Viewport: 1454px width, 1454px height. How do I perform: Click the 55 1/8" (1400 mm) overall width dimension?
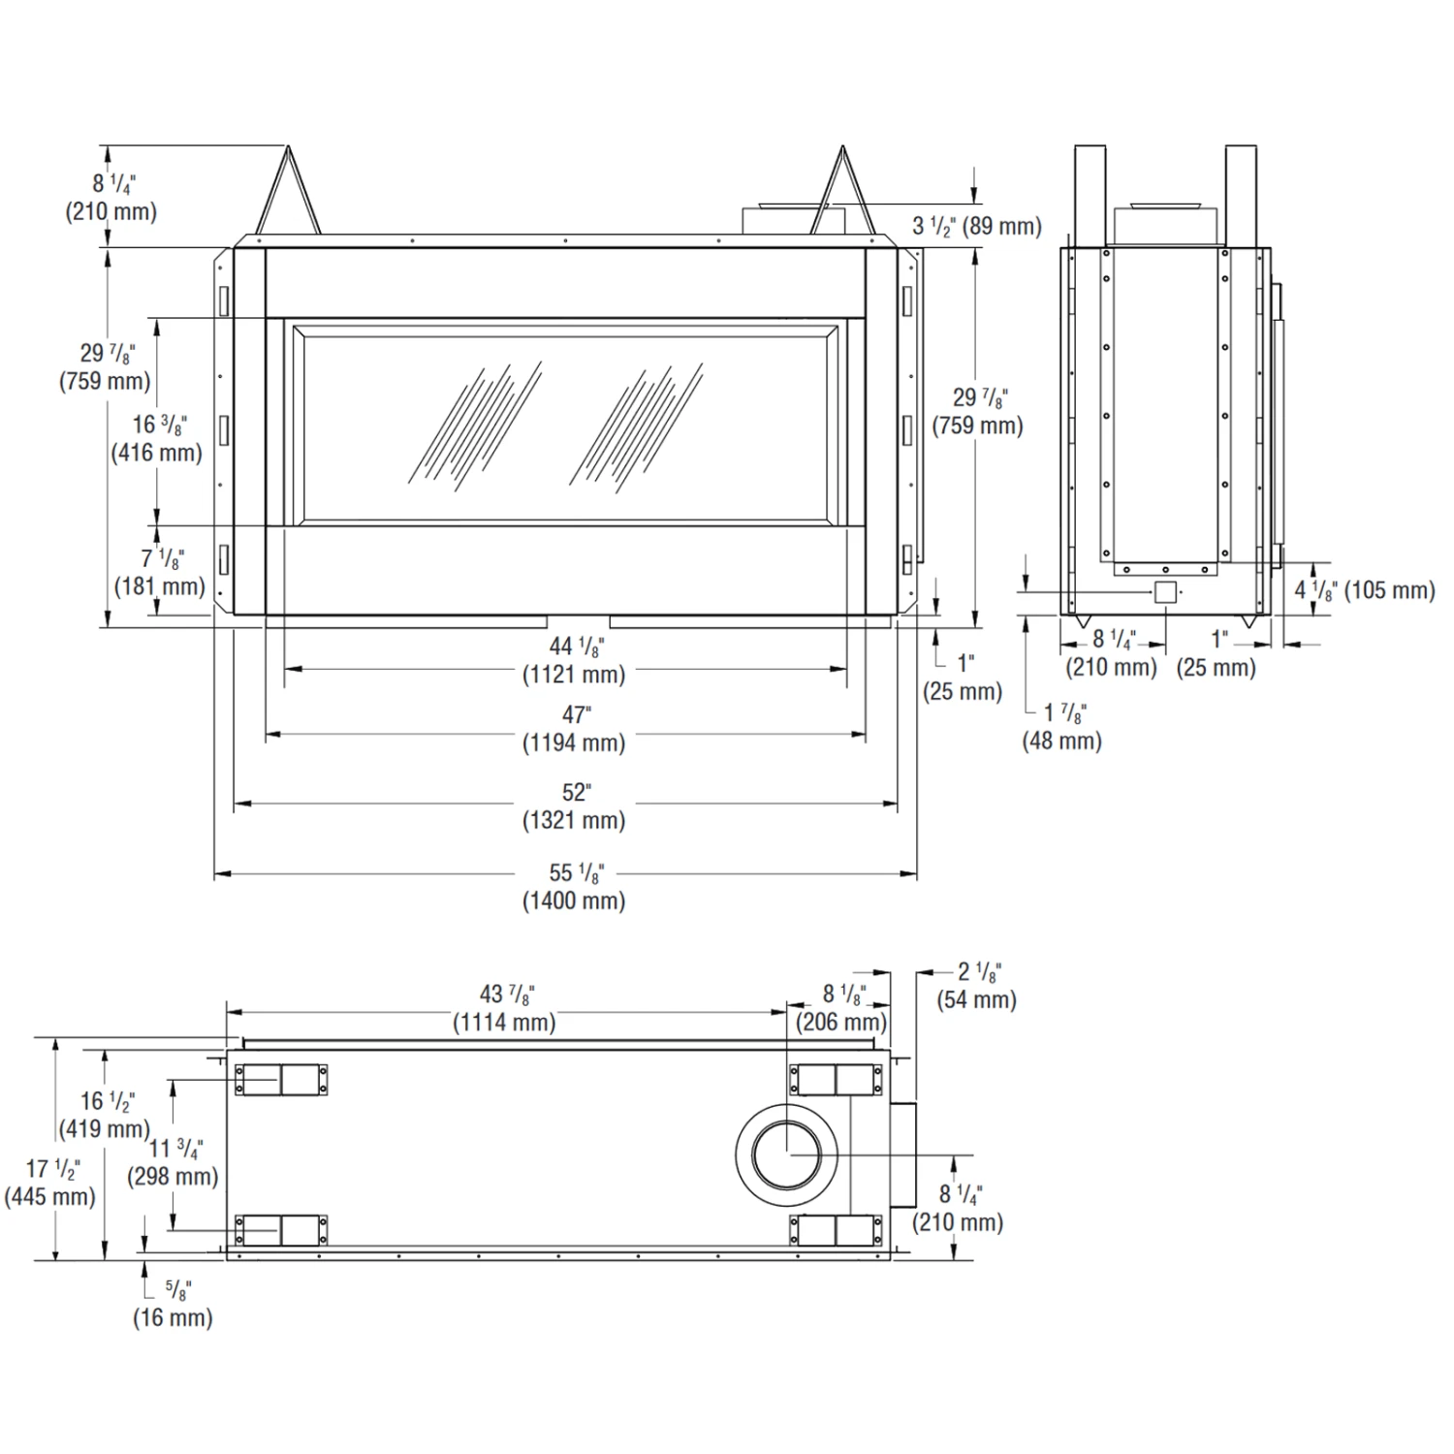tap(574, 887)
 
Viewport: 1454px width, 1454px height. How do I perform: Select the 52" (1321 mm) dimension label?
tap(574, 806)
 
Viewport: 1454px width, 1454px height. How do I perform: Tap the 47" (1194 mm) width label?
tap(574, 729)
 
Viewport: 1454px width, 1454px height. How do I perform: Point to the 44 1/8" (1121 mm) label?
tap(574, 660)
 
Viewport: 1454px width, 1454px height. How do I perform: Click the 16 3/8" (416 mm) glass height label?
tap(157, 438)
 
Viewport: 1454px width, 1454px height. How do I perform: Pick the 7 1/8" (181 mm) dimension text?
tap(160, 572)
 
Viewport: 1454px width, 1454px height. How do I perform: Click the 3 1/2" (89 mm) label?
tap(977, 226)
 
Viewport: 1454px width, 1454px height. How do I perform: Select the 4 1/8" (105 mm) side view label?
tap(1365, 589)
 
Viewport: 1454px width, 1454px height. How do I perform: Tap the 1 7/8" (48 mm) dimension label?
tap(1062, 726)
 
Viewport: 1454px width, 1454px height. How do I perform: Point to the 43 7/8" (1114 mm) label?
tap(505, 1008)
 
